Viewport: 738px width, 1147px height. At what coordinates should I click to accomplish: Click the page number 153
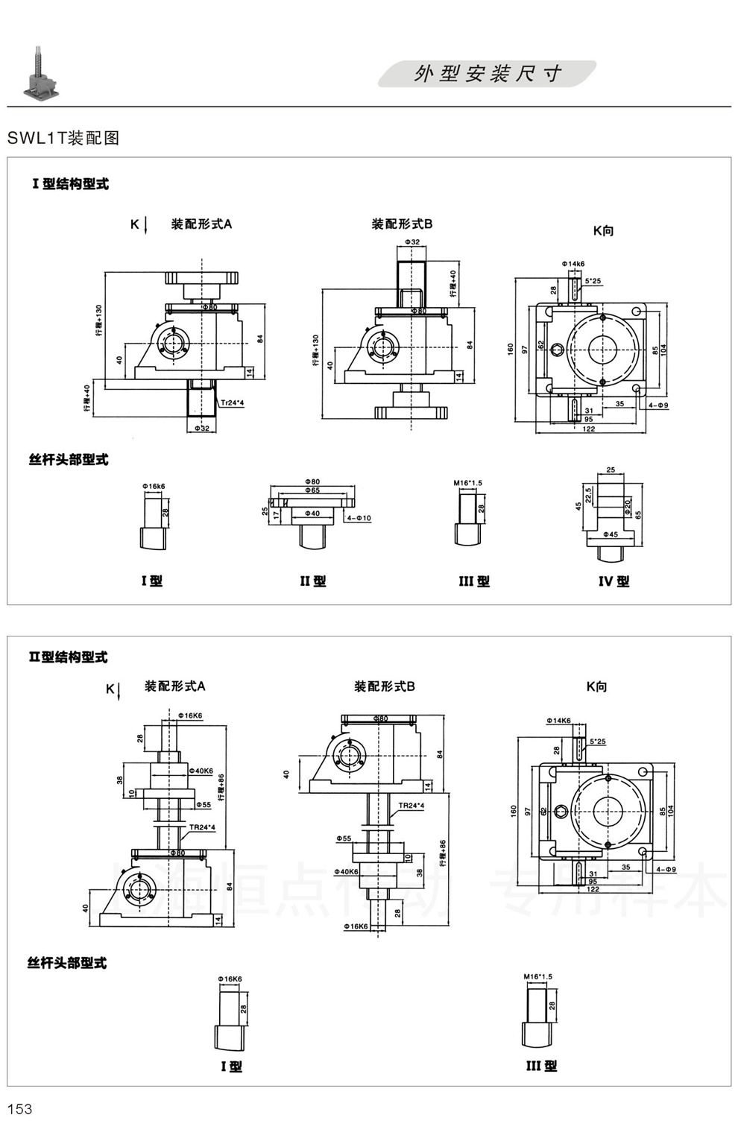pyautogui.click(x=20, y=1109)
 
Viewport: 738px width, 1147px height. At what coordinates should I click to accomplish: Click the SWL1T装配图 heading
pyautogui.click(x=63, y=138)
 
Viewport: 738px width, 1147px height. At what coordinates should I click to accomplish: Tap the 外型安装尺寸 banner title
pyautogui.click(x=488, y=74)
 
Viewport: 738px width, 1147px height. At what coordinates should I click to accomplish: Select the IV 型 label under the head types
pyautogui.click(x=614, y=581)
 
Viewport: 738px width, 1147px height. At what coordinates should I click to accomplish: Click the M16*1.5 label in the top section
pyautogui.click(x=467, y=483)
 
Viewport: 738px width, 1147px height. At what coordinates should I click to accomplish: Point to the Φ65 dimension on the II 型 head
pyautogui.click(x=312, y=491)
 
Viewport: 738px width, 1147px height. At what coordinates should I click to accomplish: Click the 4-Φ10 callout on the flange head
pyautogui.click(x=359, y=518)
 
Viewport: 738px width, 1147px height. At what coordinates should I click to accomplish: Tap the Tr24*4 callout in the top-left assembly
pyautogui.click(x=232, y=402)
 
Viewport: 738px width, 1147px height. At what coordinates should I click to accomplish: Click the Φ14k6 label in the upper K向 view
pyautogui.click(x=573, y=264)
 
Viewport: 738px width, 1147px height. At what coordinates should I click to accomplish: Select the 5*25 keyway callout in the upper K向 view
pyautogui.click(x=593, y=281)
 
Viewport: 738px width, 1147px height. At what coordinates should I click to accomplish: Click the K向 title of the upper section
pyautogui.click(x=603, y=231)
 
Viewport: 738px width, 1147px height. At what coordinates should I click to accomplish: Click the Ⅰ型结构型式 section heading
pyautogui.click(x=70, y=184)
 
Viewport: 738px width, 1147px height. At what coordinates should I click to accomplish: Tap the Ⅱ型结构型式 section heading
pyautogui.click(x=68, y=657)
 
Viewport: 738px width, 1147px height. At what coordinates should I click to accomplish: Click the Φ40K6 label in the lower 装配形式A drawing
pyautogui.click(x=201, y=771)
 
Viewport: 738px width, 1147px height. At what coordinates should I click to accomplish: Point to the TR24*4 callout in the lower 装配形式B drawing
pyautogui.click(x=411, y=806)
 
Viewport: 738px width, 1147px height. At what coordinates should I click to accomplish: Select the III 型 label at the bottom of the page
pyautogui.click(x=541, y=1067)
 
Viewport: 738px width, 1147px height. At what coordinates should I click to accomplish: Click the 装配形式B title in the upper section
pyautogui.click(x=402, y=224)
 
